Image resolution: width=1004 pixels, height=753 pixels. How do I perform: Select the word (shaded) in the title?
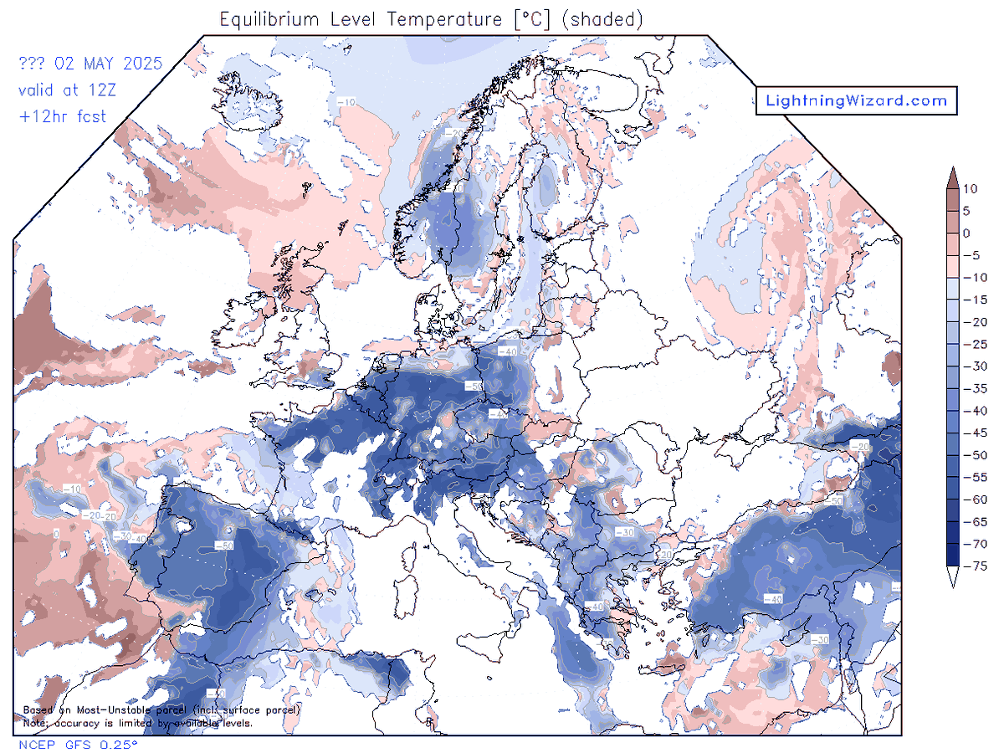[603, 19]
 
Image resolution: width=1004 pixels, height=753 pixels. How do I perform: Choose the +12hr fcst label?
[63, 116]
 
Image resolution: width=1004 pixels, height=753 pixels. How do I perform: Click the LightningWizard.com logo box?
[856, 101]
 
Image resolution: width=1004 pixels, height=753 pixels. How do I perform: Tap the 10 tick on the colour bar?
[966, 189]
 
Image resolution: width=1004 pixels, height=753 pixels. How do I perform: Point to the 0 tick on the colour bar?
[966, 233]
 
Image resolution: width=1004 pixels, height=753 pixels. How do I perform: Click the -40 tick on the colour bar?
[970, 411]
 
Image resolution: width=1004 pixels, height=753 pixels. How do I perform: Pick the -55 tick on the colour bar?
[970, 477]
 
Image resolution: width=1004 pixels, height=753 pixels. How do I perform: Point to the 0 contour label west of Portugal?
[56, 533]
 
